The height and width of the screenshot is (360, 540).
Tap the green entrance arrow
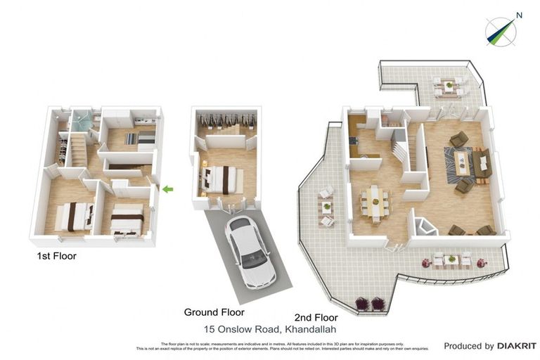point(167,188)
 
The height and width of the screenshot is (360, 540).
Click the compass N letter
point(519,15)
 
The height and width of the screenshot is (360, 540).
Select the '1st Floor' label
point(56,257)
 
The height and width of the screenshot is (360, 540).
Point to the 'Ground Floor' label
point(214,311)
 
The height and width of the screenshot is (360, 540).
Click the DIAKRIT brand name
point(517,346)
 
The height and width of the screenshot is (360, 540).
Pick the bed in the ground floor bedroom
point(221,179)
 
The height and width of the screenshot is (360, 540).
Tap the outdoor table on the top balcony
point(446,87)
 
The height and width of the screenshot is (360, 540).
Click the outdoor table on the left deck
point(326,207)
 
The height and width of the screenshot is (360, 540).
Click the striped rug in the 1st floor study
point(131,139)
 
